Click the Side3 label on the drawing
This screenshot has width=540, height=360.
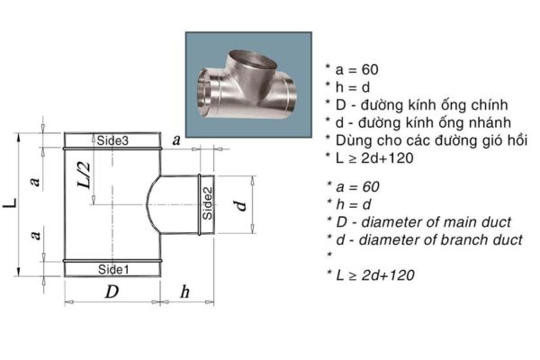point(112,141)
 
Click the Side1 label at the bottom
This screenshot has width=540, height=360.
point(112,269)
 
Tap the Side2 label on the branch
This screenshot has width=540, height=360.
point(207,203)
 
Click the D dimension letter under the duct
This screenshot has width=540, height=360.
point(112,292)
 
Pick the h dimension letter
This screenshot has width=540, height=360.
point(185,292)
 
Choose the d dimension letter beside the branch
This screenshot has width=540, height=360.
point(241,203)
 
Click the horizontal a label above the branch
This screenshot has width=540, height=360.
point(176,139)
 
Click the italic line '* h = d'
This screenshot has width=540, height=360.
point(350,203)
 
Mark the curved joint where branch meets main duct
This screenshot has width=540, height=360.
point(153,203)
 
